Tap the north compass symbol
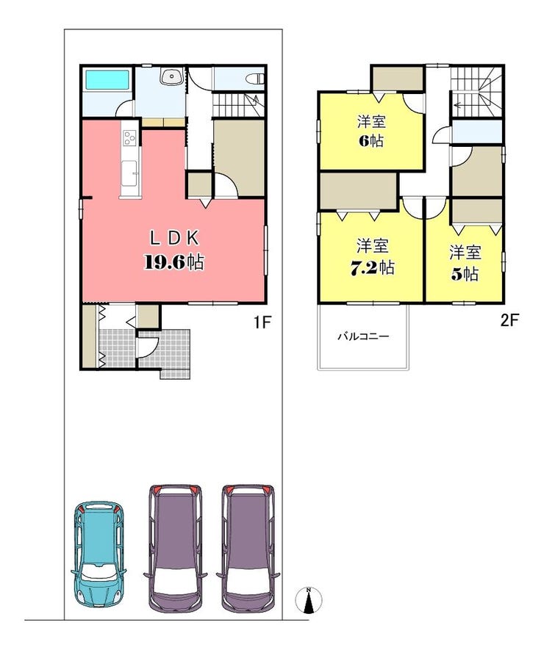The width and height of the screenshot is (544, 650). tap(309, 600)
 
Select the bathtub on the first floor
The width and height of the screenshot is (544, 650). tap(107, 81)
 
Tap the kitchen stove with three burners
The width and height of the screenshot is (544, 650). tap(130, 138)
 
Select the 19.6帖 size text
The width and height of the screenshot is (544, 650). tap(173, 262)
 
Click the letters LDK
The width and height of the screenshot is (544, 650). tap(174, 237)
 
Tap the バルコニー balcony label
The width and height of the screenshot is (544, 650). tap(362, 337)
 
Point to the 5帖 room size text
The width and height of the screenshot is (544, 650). tap(465, 274)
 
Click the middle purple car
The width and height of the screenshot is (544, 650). tap(174, 546)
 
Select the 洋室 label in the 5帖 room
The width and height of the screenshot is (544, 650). tap(465, 253)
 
